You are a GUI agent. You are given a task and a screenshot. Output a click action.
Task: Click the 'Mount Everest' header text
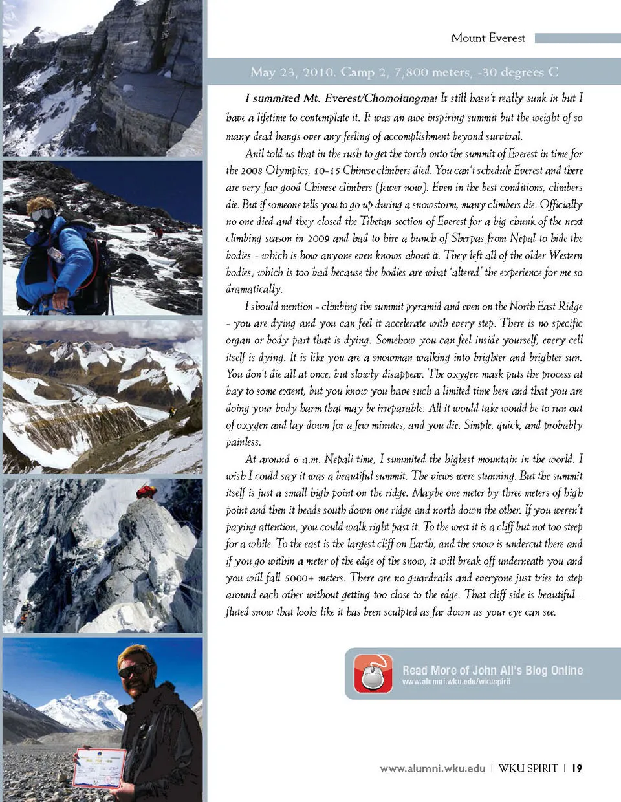488,38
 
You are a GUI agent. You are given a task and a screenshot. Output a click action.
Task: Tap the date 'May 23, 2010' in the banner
290,72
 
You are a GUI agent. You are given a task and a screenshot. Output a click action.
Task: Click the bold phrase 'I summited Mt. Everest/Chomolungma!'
341,98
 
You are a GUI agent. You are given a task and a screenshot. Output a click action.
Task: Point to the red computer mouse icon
373,673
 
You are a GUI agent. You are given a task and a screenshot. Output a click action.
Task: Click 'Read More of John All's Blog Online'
492,670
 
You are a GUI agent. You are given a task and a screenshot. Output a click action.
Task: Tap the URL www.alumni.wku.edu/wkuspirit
456,682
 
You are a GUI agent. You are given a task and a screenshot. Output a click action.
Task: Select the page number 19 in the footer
577,768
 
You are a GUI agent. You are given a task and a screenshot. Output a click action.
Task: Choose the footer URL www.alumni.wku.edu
432,768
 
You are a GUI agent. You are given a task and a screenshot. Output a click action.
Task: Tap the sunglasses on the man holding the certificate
135,670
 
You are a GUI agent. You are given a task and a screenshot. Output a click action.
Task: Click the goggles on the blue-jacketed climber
42,214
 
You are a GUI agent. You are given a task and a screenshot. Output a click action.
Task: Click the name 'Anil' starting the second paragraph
255,154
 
